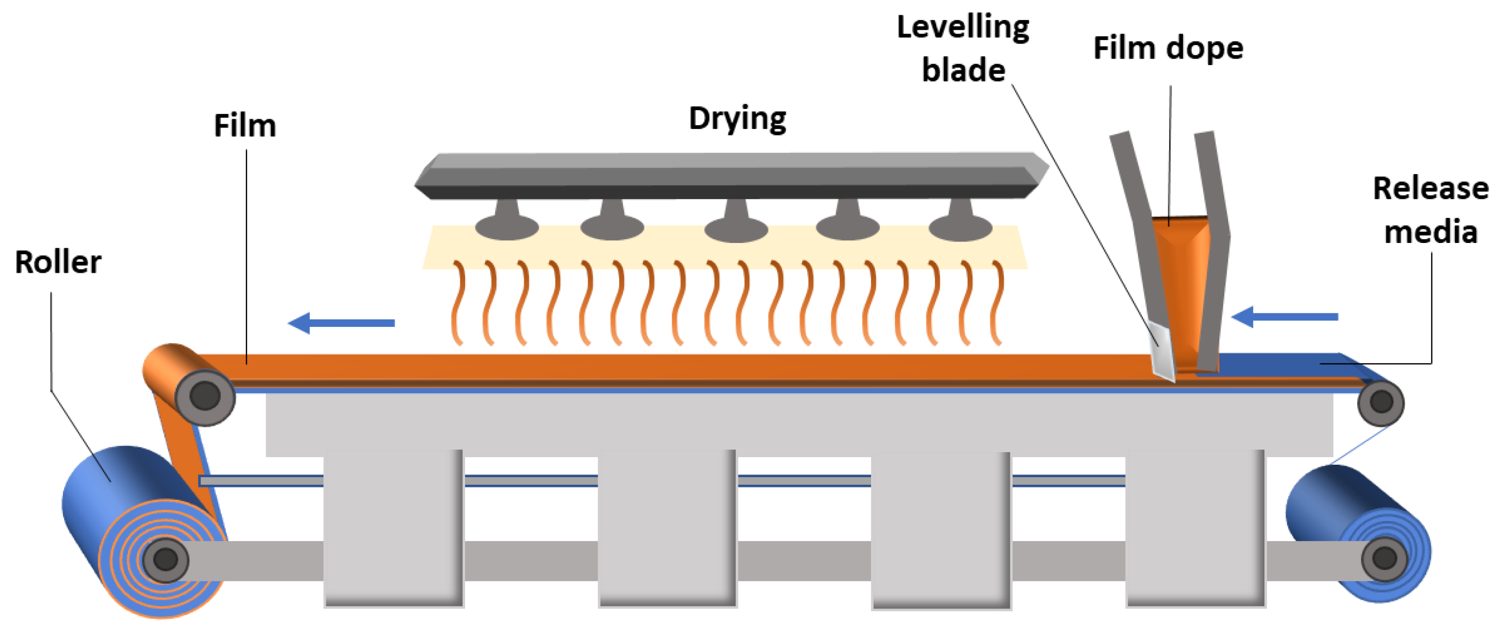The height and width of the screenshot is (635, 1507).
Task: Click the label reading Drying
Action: click(x=737, y=119)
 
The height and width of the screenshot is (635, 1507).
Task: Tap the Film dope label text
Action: click(x=1168, y=48)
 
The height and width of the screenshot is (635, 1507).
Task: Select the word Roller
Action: click(x=58, y=262)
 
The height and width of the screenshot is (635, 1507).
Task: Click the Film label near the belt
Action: click(x=245, y=126)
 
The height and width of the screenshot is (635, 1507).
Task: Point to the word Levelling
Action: click(x=963, y=27)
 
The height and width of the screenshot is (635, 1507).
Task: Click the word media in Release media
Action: click(x=1430, y=232)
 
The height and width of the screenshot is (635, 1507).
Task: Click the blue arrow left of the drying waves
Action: click(x=342, y=323)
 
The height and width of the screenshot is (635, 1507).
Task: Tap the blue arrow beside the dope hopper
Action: click(x=1284, y=317)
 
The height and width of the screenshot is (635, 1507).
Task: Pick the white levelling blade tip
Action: click(x=1162, y=351)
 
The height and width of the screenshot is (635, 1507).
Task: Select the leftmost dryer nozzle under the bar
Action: click(x=507, y=222)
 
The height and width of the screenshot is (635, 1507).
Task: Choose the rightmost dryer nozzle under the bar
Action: click(x=960, y=222)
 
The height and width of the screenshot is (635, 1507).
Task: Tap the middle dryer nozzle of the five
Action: click(x=736, y=223)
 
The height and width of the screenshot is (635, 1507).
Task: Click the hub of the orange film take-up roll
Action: click(x=166, y=560)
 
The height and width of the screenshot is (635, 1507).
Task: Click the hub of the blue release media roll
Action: click(x=1384, y=557)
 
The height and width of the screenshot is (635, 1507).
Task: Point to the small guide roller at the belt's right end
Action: click(x=1381, y=402)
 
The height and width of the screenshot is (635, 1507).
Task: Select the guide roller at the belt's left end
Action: click(x=205, y=396)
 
